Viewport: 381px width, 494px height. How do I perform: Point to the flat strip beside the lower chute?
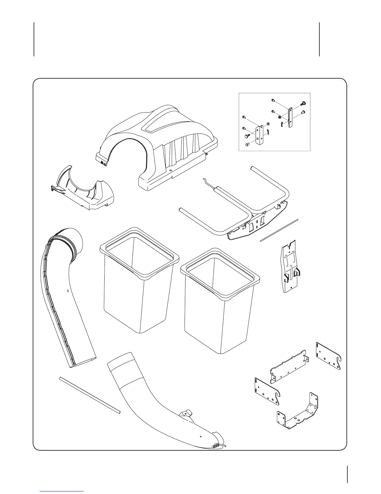(90, 395)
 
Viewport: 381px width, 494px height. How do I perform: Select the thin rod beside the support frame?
(279, 230)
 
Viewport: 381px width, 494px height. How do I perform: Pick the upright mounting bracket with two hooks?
(289, 268)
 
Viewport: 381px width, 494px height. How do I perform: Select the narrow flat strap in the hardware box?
(291, 118)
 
